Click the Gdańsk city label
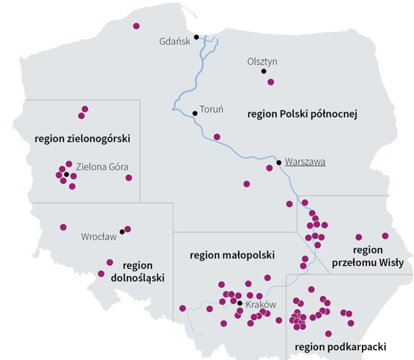point(174,41)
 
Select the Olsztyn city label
point(262,61)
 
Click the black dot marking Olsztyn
point(263,71)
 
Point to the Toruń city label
point(212,109)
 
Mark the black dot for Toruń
point(194,113)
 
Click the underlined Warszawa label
point(305,162)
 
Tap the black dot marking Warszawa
point(279,162)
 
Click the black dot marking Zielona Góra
point(66,175)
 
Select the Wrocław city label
point(99,237)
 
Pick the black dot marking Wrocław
point(122,232)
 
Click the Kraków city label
point(261,305)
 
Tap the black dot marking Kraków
point(239,302)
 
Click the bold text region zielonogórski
point(82,139)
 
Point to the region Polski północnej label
point(302,115)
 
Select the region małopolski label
point(232,255)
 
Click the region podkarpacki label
point(341,346)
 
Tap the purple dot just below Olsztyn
point(271,82)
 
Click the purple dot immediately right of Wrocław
point(128,229)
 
